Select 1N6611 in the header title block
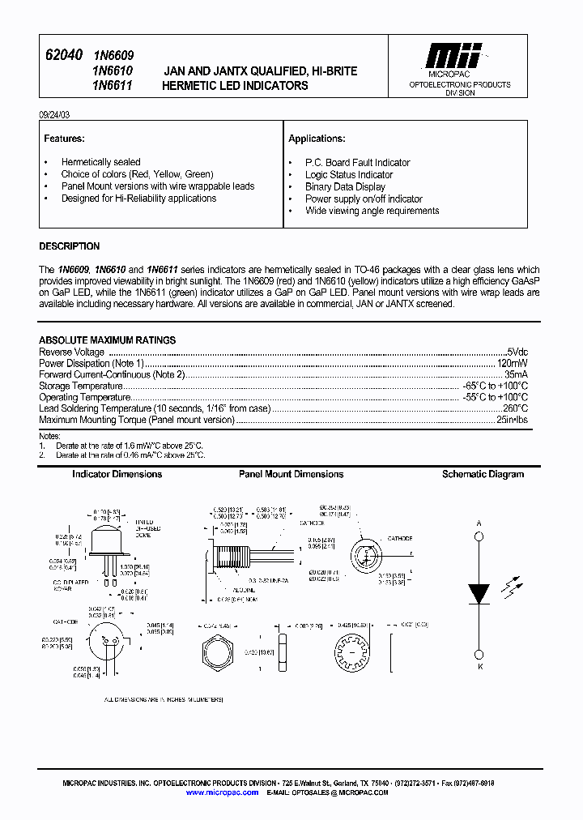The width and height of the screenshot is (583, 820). [113, 85]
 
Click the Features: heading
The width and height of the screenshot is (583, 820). [65, 139]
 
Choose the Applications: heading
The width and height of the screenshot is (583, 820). [317, 139]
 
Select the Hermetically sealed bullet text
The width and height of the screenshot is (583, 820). [100, 162]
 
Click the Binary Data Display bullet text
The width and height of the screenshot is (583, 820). [345, 186]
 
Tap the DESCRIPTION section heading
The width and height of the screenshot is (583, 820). [70, 246]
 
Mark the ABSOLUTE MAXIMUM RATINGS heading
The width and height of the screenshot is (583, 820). [108, 340]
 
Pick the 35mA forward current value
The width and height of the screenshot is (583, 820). [516, 375]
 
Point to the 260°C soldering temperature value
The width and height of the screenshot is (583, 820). [515, 409]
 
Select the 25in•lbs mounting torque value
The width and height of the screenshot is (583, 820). [512, 421]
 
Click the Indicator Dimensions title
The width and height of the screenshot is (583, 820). [117, 474]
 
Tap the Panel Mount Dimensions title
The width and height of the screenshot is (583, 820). [291, 474]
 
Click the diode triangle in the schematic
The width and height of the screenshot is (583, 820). [479, 593]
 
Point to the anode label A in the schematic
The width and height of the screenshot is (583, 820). [479, 524]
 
